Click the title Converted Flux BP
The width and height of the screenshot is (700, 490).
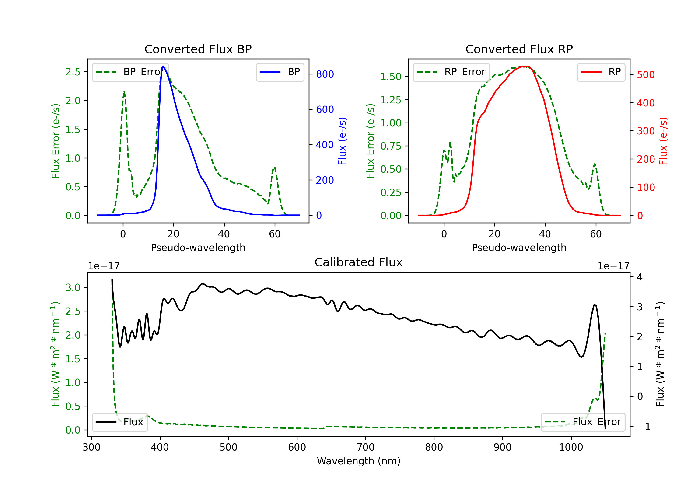198,49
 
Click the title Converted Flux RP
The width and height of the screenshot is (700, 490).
519,49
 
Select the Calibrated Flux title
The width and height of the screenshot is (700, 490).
359,262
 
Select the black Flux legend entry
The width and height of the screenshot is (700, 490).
119,422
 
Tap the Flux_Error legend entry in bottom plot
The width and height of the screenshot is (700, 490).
583,422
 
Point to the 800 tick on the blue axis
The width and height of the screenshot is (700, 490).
325,74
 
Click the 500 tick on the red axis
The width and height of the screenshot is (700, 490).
646,75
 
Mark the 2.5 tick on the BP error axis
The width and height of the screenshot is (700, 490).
73,72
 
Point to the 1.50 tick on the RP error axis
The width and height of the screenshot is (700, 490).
391,77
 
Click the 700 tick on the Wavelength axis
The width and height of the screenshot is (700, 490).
366,447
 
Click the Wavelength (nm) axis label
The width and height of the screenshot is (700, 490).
359,461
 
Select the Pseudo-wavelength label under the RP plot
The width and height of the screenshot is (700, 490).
519,248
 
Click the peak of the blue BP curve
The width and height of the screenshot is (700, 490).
163,66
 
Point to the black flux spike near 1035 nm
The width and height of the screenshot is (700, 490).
595,305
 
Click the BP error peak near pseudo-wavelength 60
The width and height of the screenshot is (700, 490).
275,167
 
